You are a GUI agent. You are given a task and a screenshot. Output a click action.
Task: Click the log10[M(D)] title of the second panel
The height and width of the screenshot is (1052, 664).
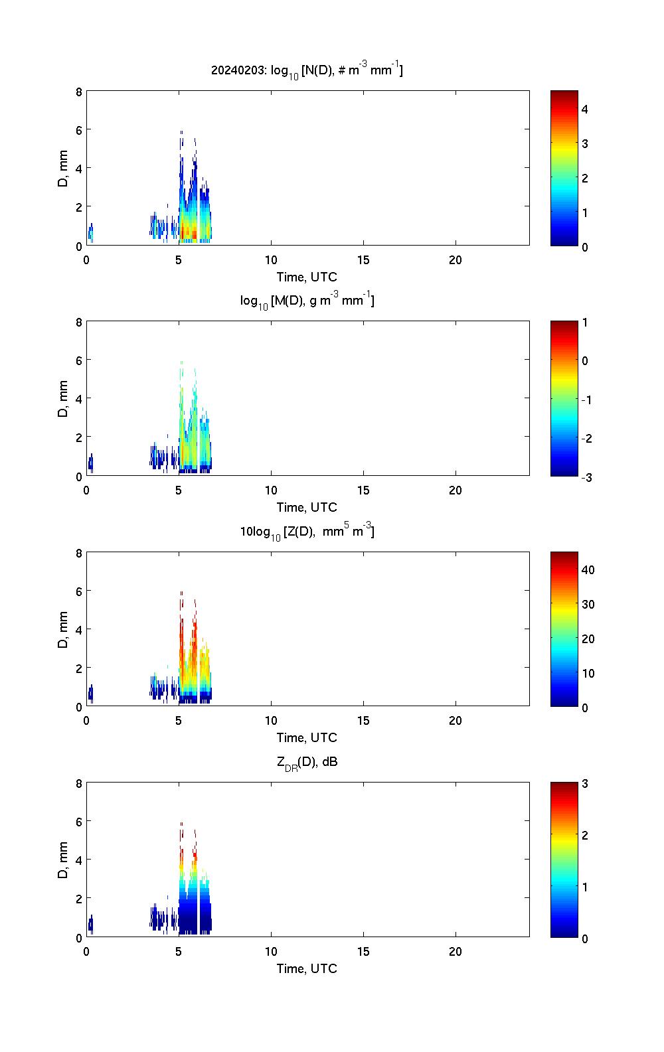pos(307,301)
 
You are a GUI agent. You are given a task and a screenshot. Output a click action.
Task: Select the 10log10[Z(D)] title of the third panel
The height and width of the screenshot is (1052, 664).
pos(307,532)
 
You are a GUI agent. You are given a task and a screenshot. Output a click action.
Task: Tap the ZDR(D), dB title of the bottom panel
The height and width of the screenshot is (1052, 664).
pos(307,763)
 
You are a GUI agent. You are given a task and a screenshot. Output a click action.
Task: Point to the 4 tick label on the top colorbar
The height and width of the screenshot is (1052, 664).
pos(584,109)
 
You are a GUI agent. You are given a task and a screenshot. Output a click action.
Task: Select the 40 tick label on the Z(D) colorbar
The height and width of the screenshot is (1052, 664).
pos(587,569)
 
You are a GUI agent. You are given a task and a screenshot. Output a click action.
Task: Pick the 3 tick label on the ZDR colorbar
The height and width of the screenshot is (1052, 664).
pos(584,784)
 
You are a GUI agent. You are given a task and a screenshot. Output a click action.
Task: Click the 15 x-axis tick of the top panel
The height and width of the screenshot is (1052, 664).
pos(363,260)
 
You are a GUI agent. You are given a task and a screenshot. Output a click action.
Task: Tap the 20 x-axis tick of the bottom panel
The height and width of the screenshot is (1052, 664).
pos(456,951)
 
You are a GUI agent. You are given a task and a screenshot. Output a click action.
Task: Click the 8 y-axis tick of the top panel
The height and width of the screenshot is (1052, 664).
pos(79,92)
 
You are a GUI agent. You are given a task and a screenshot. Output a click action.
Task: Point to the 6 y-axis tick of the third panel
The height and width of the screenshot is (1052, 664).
pos(79,591)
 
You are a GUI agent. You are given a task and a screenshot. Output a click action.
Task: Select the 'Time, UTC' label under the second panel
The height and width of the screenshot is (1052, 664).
pos(307,507)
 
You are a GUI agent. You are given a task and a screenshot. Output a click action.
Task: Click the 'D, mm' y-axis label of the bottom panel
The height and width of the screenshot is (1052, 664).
pos(64,860)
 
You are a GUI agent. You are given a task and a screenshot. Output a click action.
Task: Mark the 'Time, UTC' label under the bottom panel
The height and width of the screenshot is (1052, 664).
pos(307,968)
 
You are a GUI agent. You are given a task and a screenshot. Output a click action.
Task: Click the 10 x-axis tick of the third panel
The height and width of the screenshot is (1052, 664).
pos(271,721)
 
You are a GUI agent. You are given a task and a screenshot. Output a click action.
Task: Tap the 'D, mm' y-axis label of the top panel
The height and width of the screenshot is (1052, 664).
pos(64,169)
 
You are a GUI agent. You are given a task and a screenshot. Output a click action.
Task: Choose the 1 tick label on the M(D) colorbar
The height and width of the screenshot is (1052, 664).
pos(584,323)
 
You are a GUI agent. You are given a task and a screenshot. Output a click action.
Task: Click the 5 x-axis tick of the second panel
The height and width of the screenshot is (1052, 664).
pos(179,490)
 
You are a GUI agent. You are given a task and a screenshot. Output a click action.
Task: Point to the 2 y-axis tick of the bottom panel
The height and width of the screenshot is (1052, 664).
pos(79,899)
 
